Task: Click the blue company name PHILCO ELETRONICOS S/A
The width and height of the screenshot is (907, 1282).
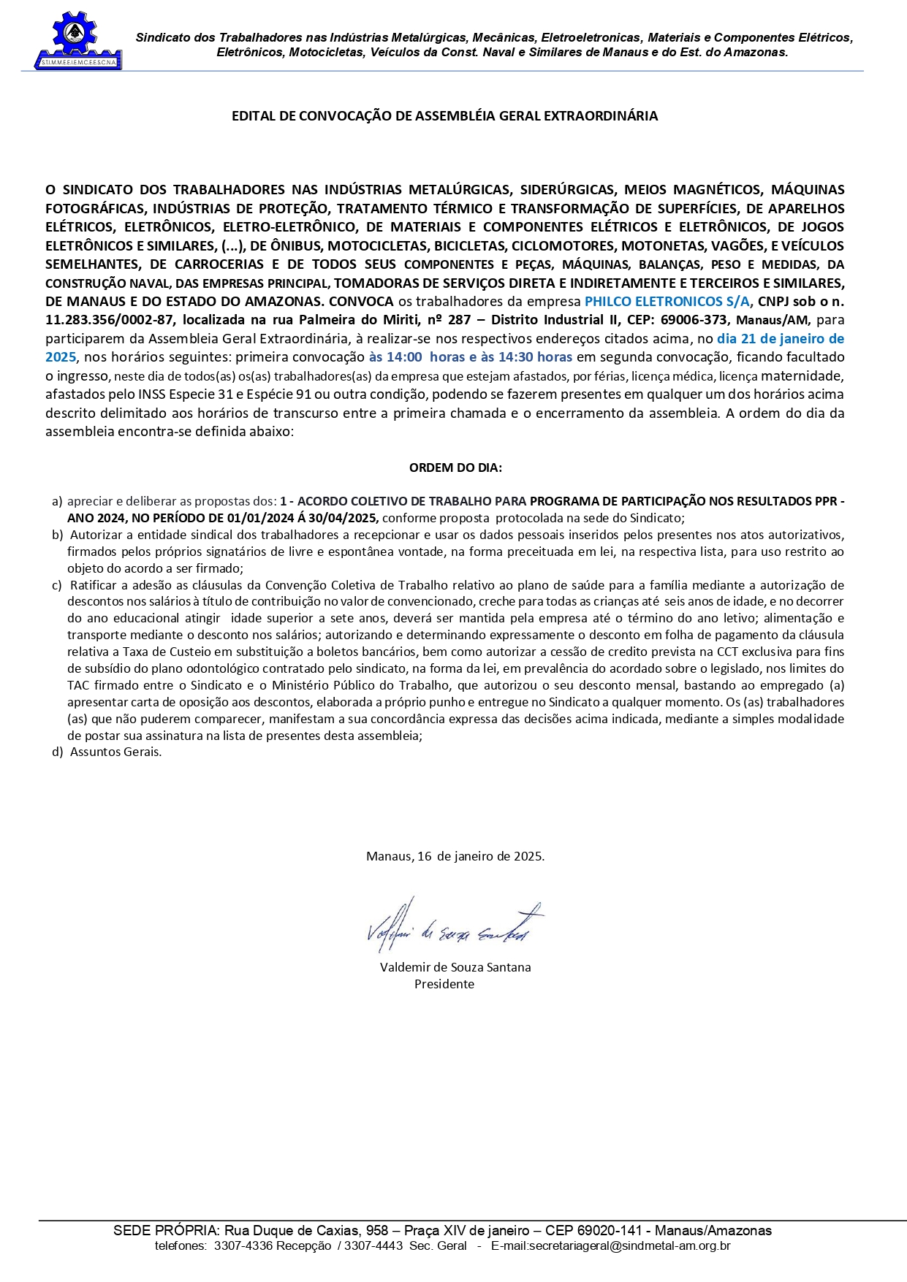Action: pos(667,302)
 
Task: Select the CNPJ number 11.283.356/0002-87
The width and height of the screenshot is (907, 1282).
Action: pos(110,320)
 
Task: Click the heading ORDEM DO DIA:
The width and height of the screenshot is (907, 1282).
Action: pos(455,468)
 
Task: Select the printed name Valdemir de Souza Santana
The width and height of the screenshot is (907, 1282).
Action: pos(455,967)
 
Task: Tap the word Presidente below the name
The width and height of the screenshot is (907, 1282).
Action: pos(444,984)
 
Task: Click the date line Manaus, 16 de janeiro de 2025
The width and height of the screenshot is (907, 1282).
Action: pos(455,856)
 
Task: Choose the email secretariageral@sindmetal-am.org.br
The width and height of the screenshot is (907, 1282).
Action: pos(610,1246)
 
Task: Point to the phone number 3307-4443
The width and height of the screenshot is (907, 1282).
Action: pos(373,1246)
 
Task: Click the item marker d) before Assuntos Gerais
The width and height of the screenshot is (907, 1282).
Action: pos(57,752)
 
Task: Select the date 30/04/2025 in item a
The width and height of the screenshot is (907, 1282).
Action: pos(344,518)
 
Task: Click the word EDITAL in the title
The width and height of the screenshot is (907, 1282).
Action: pos(251,116)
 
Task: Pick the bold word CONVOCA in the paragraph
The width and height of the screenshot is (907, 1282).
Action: pos(361,302)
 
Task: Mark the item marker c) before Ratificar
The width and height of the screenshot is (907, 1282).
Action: pos(57,585)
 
